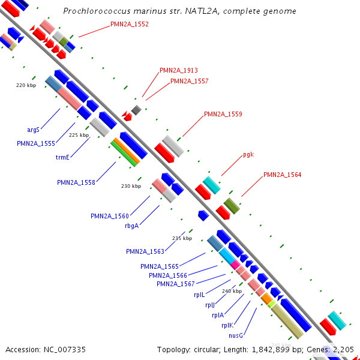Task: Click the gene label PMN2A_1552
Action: [130, 25]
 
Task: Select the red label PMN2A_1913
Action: [179, 70]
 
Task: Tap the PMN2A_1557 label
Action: [190, 81]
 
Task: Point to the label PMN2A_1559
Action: [223, 114]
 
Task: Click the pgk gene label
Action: [248, 155]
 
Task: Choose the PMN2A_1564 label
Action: [282, 175]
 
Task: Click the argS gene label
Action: [33, 130]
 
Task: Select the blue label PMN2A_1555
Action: [36, 143]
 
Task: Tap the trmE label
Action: [62, 157]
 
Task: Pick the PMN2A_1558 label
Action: [76, 182]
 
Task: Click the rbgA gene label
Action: [131, 226]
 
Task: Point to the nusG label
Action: [235, 335]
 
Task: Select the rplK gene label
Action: [227, 325]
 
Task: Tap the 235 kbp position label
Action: [182, 238]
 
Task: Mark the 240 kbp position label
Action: [232, 291]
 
